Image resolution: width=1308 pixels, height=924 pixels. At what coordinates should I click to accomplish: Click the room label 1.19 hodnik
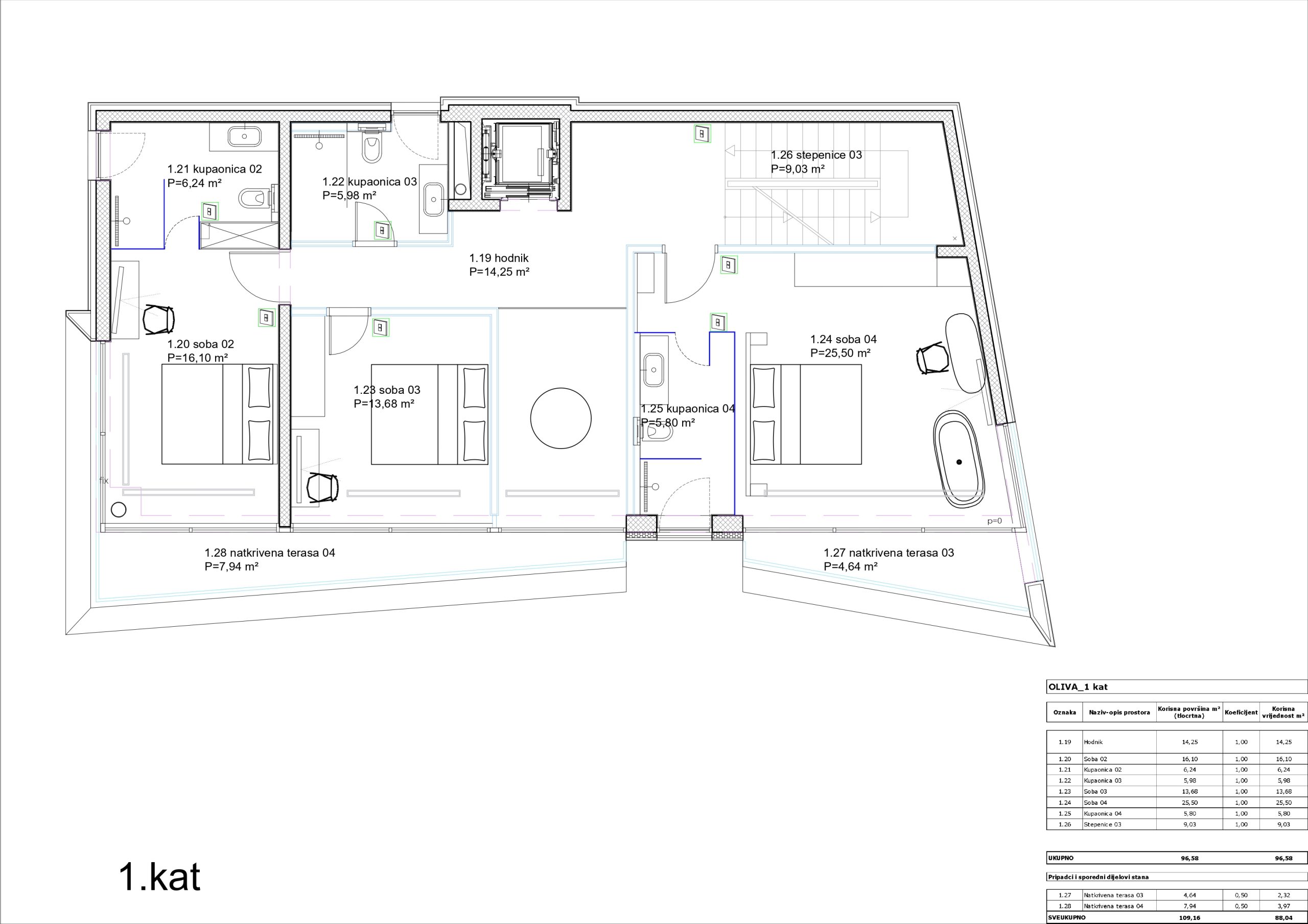click(x=499, y=258)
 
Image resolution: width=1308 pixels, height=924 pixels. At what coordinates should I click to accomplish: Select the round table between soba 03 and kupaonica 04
click(x=560, y=419)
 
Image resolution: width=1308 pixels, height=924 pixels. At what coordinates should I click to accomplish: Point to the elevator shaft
click(x=521, y=159)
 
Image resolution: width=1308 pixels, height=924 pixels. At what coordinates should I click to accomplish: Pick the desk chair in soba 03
click(x=322, y=488)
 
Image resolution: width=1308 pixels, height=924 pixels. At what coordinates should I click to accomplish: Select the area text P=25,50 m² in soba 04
click(x=840, y=353)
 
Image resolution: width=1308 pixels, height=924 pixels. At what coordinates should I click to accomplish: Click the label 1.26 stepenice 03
click(x=816, y=155)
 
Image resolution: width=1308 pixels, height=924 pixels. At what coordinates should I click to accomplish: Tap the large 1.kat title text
click(x=159, y=878)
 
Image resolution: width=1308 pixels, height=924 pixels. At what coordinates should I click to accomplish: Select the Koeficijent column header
click(x=1241, y=712)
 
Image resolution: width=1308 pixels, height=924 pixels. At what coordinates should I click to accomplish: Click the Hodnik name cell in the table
click(x=1093, y=742)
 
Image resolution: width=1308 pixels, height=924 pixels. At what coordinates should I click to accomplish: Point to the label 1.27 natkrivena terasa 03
click(x=889, y=553)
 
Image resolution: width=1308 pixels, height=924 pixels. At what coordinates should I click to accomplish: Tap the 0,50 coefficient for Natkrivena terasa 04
click(x=1241, y=906)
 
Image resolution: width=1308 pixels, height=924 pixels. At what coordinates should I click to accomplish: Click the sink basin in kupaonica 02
click(x=244, y=135)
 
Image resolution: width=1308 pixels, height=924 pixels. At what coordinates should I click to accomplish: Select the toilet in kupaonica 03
click(x=371, y=147)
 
